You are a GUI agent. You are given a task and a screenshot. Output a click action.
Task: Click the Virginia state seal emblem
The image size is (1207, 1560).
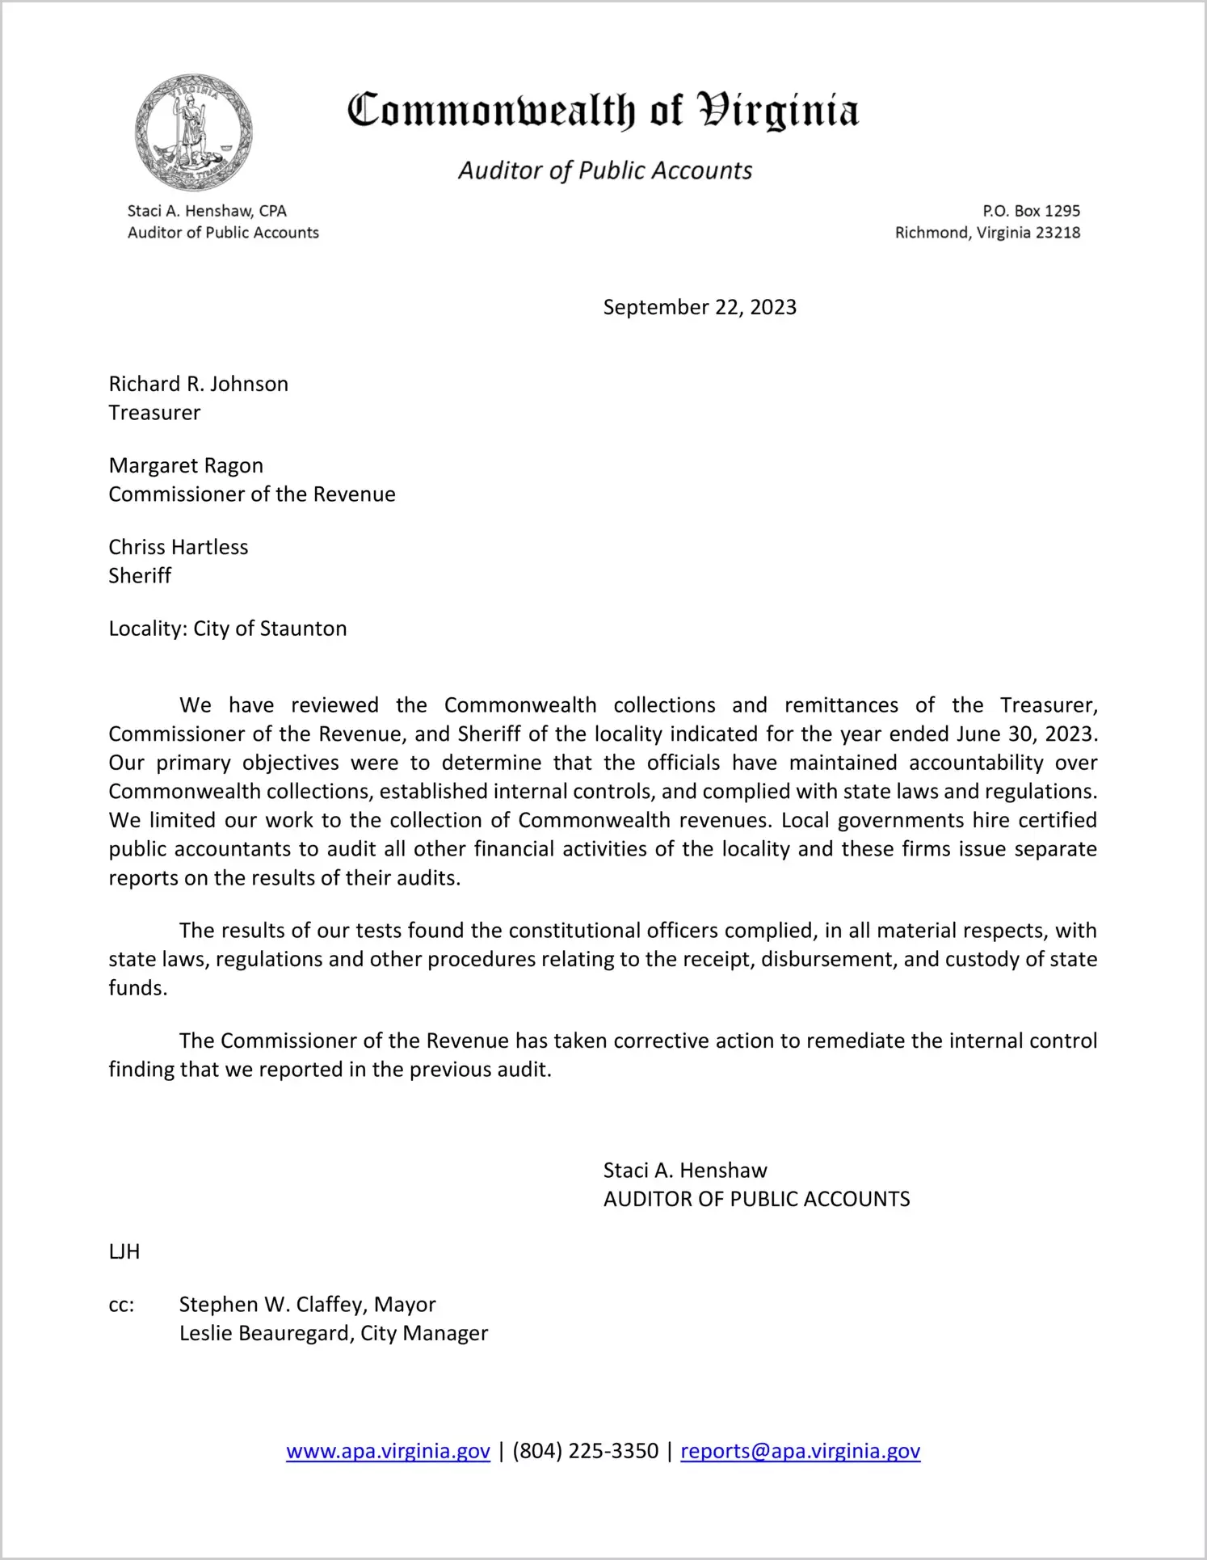(x=194, y=132)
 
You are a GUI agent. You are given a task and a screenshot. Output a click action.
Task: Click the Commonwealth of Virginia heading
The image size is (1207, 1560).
(x=603, y=111)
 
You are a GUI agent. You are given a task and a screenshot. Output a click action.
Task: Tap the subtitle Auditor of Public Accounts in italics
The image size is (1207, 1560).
(x=605, y=170)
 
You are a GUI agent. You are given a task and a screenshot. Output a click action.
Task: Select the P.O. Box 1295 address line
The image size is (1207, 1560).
(x=1031, y=211)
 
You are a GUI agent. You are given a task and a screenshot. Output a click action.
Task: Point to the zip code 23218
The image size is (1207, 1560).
(x=1058, y=233)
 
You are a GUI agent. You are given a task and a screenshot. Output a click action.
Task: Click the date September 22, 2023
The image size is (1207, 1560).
(x=700, y=307)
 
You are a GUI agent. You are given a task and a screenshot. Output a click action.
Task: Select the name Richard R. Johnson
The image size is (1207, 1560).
(x=199, y=384)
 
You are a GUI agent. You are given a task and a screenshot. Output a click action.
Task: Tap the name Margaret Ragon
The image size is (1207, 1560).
(x=186, y=465)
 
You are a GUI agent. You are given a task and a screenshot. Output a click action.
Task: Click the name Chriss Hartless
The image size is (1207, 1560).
(x=179, y=547)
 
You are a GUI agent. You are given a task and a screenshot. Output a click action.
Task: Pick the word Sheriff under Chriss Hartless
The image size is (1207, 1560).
(x=140, y=576)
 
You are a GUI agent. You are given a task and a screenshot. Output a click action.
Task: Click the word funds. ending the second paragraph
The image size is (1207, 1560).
(x=138, y=988)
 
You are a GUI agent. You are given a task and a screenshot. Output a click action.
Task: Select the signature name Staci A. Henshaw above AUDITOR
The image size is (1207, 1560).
(x=685, y=1170)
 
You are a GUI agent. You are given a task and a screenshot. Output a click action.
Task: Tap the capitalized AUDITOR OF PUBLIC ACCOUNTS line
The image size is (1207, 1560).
(x=756, y=1199)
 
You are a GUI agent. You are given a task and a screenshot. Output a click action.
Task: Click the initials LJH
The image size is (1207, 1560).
(x=124, y=1251)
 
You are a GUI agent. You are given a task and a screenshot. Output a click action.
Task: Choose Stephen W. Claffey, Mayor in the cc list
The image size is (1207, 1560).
(x=307, y=1305)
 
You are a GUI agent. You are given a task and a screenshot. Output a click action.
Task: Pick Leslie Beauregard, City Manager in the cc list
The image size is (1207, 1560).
(x=334, y=1333)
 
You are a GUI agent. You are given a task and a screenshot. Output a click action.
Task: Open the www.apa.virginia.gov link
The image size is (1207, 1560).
(x=388, y=1451)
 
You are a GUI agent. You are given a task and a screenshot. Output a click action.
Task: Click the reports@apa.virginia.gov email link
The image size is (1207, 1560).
(x=800, y=1451)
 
